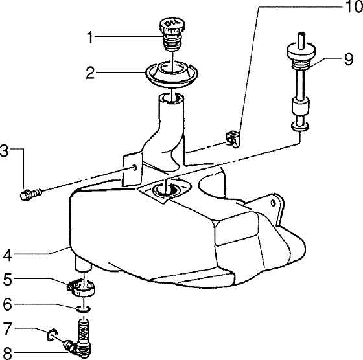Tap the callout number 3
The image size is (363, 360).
pyautogui.click(x=6, y=153)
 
